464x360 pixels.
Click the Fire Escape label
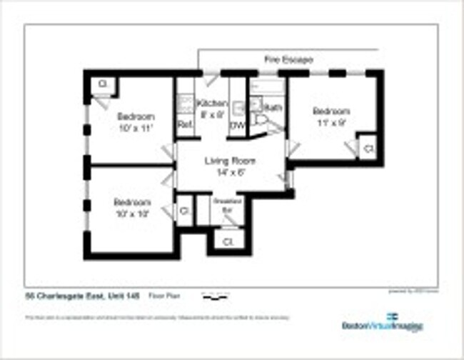[x=288, y=60]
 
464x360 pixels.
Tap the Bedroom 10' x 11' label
[x=136, y=122]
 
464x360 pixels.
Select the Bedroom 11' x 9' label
[x=331, y=116]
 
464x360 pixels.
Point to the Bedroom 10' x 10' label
[x=133, y=207]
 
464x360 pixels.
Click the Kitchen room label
[x=212, y=107]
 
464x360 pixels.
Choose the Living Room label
[x=230, y=166]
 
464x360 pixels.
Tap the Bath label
[x=273, y=108]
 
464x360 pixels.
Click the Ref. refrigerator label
[x=185, y=124]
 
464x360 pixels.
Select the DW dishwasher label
[x=236, y=126]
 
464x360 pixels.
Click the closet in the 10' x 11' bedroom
[x=102, y=84]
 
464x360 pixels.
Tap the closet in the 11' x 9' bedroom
[x=368, y=149]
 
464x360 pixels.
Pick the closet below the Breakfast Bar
[x=228, y=241]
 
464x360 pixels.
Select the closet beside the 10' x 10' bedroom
[x=184, y=211]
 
